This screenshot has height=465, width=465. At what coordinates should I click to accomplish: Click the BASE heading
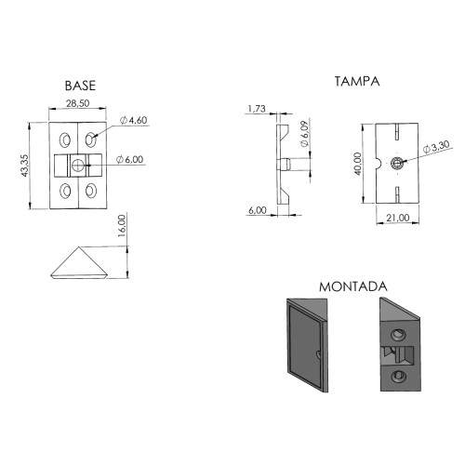80,85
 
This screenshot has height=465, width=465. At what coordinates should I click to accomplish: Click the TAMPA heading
356,82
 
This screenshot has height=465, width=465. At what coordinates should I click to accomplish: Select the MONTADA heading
352,286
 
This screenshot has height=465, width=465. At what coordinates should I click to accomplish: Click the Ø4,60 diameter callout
134,121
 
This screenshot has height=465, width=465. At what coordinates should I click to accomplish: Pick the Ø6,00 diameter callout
130,160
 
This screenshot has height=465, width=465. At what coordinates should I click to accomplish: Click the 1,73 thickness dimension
258,110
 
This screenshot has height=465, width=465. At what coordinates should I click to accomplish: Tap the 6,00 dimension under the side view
258,211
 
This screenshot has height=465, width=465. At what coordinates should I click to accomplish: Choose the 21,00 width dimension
398,217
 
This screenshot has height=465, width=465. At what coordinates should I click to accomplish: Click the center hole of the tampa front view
398,164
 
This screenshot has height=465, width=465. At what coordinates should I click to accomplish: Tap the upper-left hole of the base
65,139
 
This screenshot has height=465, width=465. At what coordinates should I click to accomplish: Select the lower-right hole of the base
93,191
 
